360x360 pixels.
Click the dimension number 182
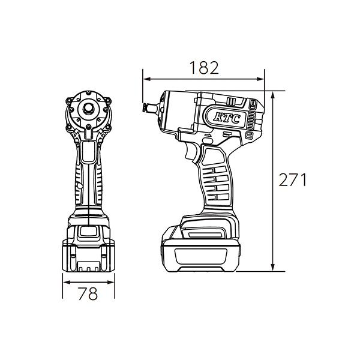point(204,67)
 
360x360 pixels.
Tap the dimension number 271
point(293,180)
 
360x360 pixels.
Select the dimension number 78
point(88,293)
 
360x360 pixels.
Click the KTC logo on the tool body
point(227,118)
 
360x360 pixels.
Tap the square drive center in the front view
point(88,108)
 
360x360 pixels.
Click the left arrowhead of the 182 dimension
point(146,79)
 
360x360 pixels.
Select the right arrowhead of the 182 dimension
point(260,79)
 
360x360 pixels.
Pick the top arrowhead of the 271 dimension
point(272,95)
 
